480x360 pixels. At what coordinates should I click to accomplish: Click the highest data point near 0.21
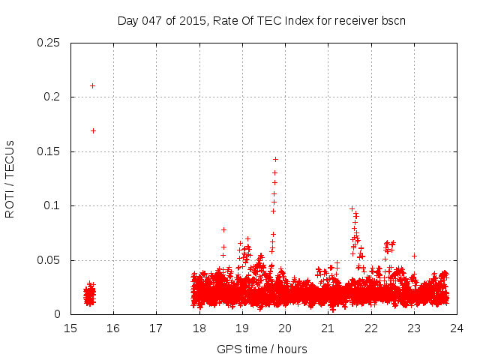(92, 85)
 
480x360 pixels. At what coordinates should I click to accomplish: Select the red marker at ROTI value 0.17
(93, 130)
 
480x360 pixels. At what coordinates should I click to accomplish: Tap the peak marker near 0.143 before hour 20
(275, 159)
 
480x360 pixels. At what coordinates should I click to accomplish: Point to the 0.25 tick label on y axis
(49, 43)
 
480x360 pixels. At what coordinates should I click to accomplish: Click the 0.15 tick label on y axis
(49, 151)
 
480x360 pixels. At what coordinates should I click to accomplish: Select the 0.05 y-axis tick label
(49, 260)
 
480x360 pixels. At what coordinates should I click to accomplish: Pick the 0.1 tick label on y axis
(52, 205)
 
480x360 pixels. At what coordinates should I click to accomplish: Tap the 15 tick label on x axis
(70, 328)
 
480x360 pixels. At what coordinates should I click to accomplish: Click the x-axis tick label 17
(156, 328)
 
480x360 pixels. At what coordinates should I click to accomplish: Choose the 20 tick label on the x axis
(285, 328)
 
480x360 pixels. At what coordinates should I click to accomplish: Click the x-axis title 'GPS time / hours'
(262, 349)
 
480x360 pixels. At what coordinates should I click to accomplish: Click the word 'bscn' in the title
(391, 20)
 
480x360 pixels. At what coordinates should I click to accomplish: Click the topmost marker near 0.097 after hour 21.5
(352, 209)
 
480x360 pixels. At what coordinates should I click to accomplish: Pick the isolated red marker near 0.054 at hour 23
(414, 256)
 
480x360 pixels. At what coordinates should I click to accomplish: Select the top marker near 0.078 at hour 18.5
(223, 229)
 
